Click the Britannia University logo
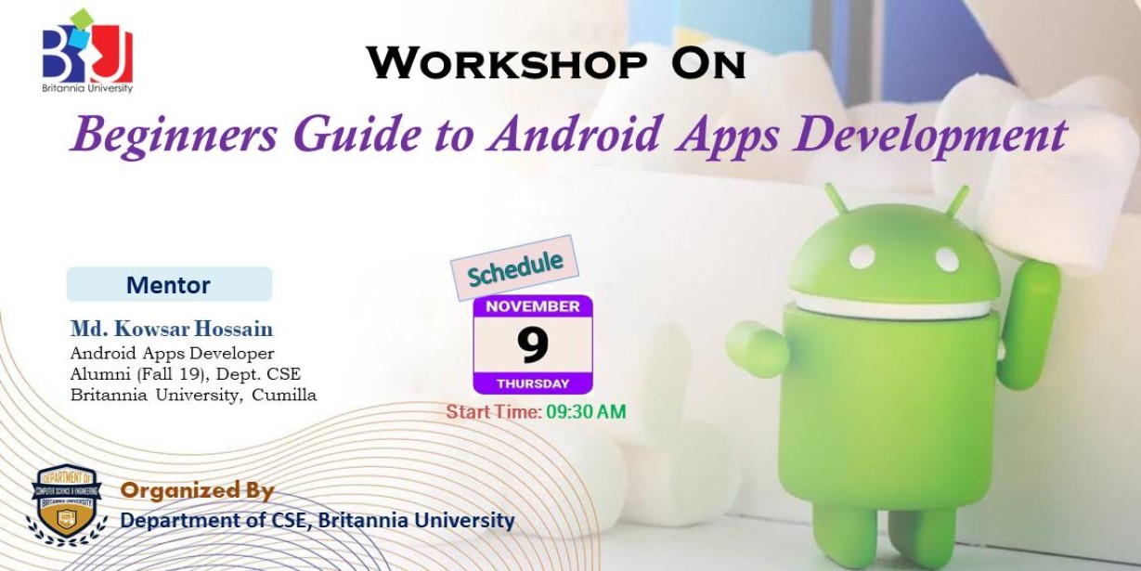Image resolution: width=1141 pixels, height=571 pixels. pos(87,51)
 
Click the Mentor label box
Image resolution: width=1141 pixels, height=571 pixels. pos(169,284)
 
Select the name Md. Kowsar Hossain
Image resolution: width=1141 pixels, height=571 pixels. pos(172,329)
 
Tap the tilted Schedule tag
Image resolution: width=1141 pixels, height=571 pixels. pos(514,268)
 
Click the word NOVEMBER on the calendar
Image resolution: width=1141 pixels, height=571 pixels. pos(533,306)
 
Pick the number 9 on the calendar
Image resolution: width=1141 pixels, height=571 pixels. pos(533,344)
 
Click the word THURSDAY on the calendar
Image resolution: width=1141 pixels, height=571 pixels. pos(533,383)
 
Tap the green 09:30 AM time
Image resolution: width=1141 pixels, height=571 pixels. pos(586,412)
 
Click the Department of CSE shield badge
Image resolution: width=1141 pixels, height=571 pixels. pos(67,504)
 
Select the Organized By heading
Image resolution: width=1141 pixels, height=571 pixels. pos(198,490)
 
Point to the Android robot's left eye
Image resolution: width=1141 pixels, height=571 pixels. pos(862,257)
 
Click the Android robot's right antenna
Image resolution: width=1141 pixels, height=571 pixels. pos(957,201)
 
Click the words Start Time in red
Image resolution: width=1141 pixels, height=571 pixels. pos(493,412)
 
